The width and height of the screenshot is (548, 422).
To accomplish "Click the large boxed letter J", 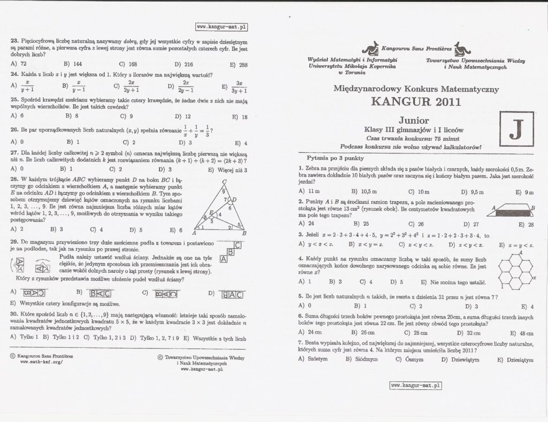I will (515, 129).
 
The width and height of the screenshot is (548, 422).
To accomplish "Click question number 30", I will (14, 314).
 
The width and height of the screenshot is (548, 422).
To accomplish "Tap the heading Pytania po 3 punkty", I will (336, 158).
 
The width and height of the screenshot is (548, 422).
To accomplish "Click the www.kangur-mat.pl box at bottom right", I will (416, 384).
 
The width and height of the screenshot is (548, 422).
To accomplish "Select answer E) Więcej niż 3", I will (230, 169).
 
